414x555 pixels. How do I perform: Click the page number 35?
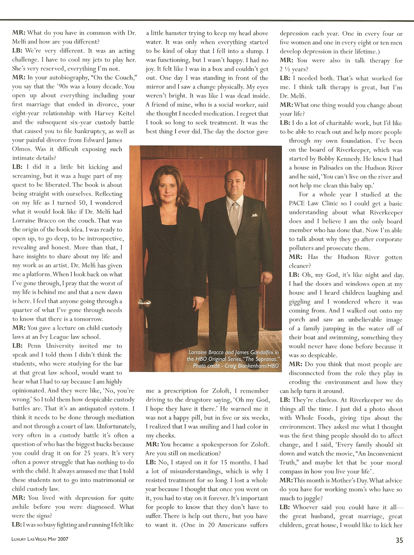click(399, 540)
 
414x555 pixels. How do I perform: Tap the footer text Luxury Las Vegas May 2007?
click(40, 539)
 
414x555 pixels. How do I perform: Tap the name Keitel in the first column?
click(126, 113)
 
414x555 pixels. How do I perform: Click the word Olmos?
click(22, 149)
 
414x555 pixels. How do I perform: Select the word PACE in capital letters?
click(297, 203)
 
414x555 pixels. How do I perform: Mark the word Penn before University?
click(34, 346)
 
